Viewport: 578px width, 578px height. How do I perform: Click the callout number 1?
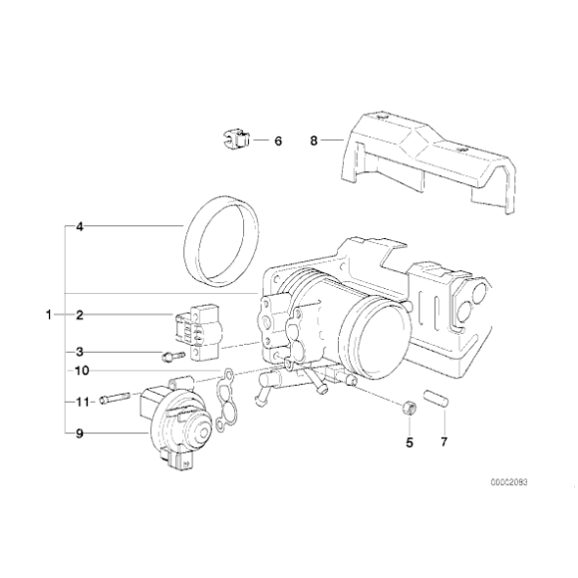tap(47, 315)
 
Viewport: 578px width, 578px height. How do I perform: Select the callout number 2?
tap(79, 315)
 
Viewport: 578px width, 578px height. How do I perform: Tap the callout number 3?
tap(79, 351)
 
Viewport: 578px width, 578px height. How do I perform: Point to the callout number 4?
tap(79, 226)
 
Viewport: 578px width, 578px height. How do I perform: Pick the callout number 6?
tap(278, 142)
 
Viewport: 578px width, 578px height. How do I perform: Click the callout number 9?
tap(79, 433)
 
